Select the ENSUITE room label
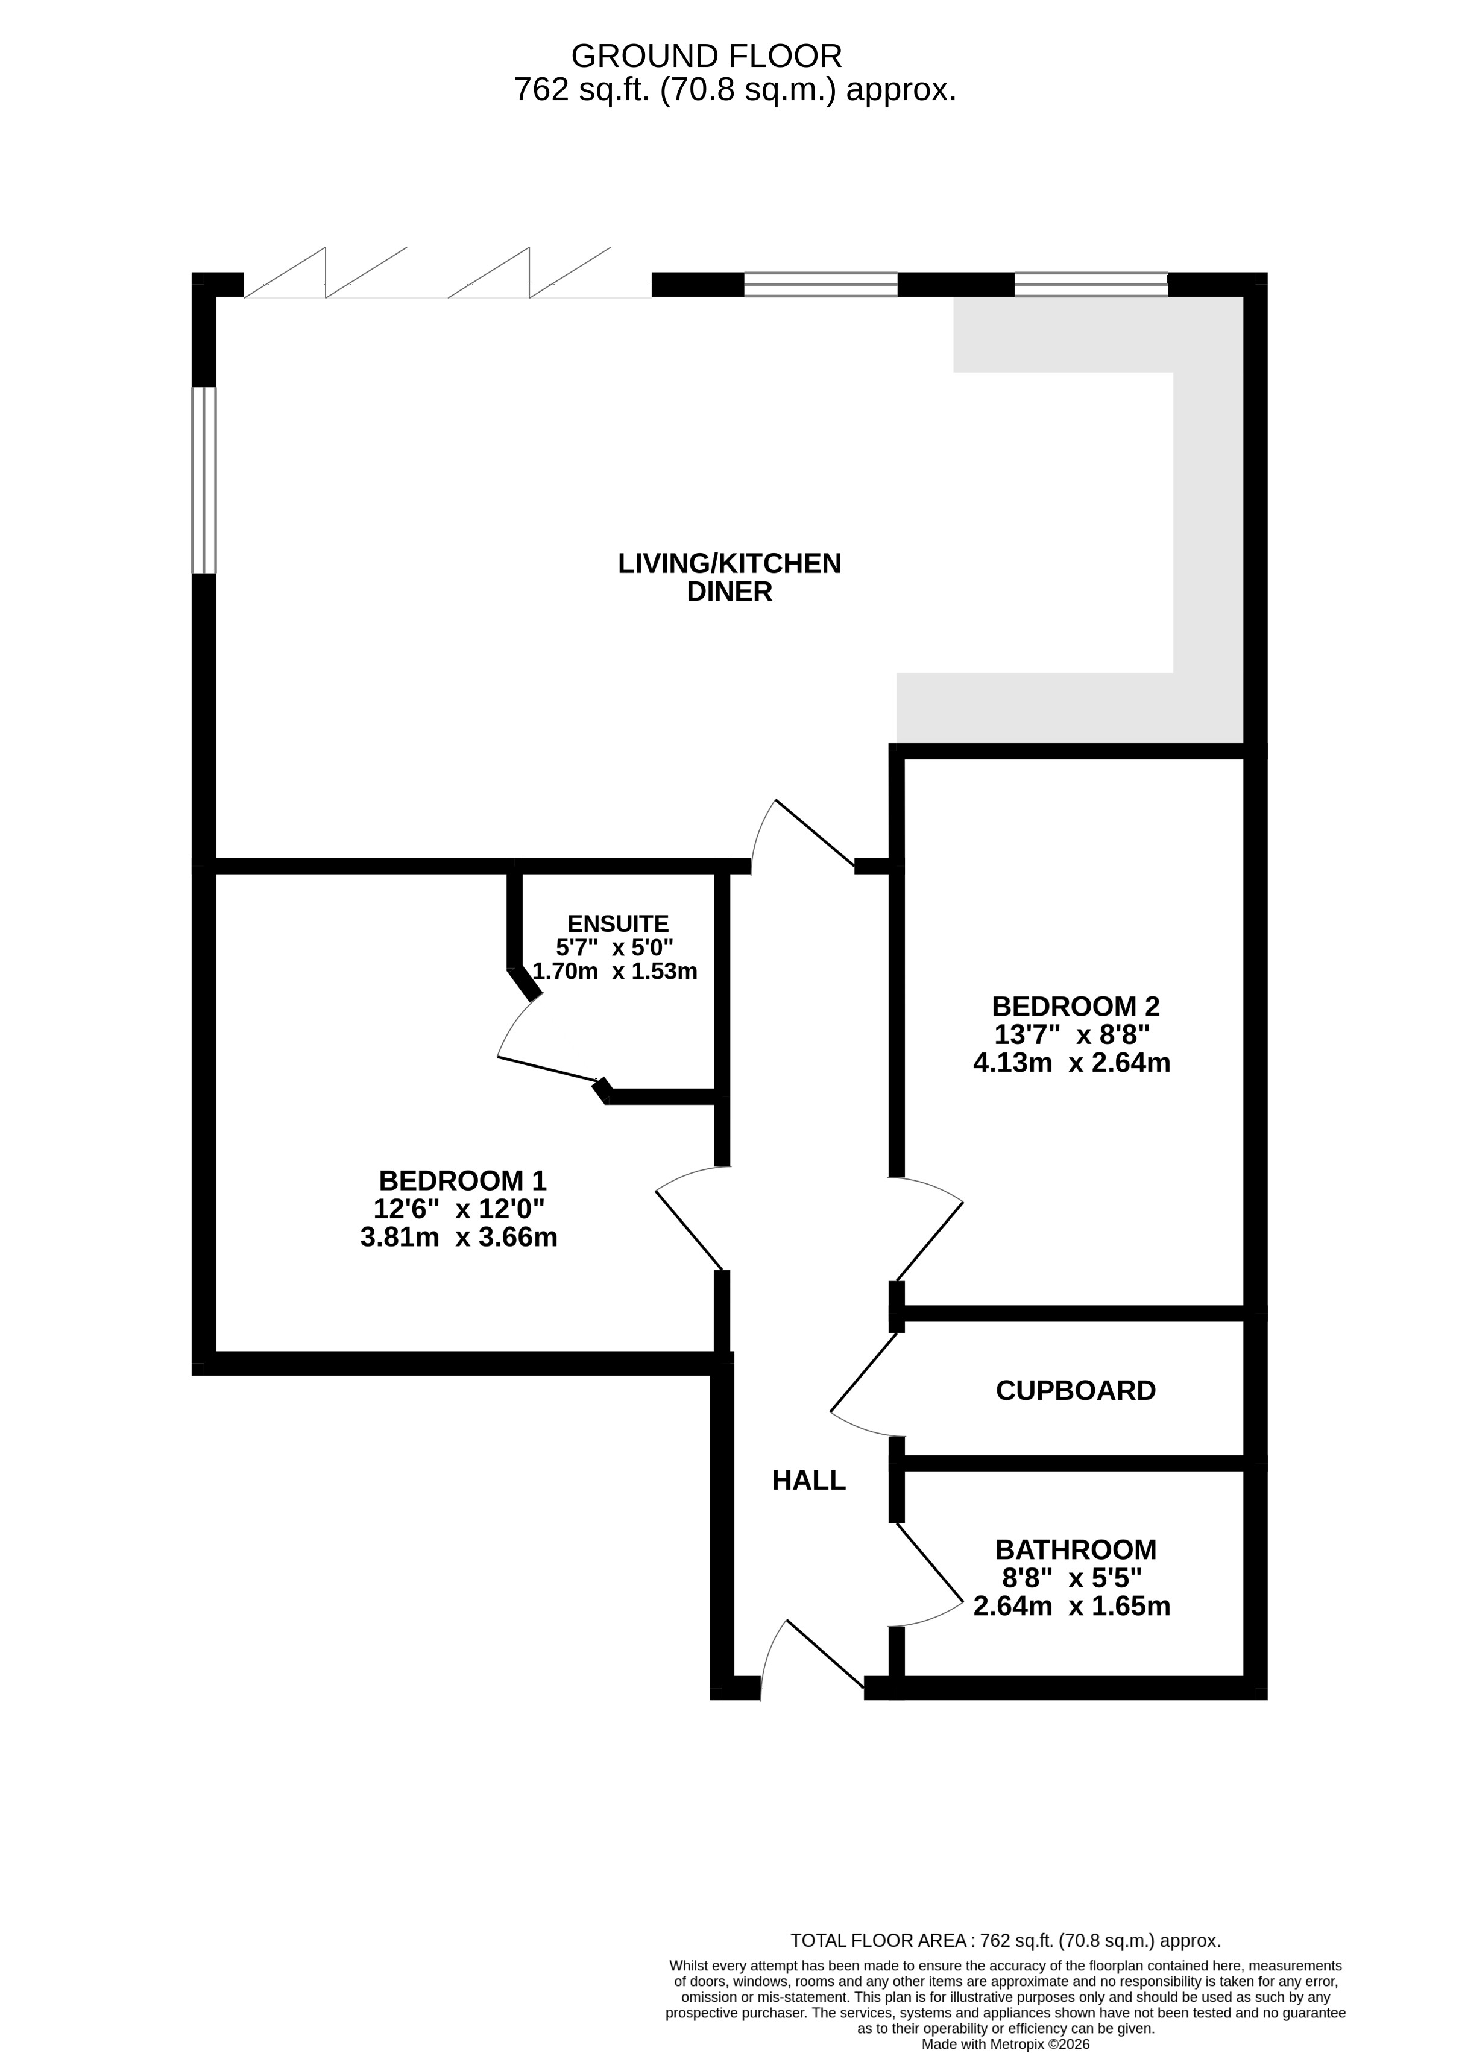(x=618, y=923)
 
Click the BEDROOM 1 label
(x=462, y=1180)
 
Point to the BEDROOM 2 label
(x=1076, y=1005)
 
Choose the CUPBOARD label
(x=1076, y=1391)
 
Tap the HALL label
(x=808, y=1481)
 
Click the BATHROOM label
(x=1076, y=1550)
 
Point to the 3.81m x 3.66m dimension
(x=458, y=1237)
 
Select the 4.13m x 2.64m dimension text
(x=1072, y=1063)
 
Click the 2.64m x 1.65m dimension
(x=1072, y=1607)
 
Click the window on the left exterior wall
(x=204, y=480)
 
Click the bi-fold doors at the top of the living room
(x=447, y=272)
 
